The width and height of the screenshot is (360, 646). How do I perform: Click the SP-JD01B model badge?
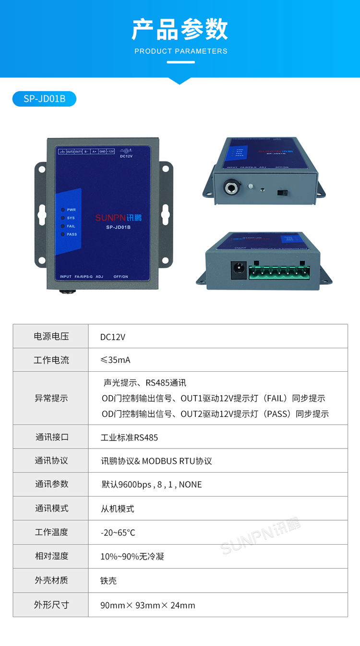[x=44, y=99]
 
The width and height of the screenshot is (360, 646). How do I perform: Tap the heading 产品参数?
[x=180, y=30]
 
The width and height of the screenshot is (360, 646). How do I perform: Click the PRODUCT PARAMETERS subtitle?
[x=180, y=51]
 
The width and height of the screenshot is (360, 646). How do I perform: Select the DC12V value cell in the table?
[x=113, y=337]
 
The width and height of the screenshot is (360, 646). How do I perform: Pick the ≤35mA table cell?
[x=115, y=360]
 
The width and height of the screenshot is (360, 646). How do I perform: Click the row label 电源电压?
[x=51, y=336]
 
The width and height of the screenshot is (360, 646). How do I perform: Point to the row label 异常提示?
[x=51, y=398]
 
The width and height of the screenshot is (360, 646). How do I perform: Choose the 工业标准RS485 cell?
[x=129, y=438]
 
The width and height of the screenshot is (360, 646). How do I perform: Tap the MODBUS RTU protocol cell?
[x=156, y=461]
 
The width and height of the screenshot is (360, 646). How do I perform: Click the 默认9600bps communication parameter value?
[x=151, y=485]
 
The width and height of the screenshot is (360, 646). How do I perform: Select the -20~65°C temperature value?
[x=118, y=533]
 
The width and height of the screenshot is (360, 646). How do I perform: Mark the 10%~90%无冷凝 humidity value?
[x=132, y=557]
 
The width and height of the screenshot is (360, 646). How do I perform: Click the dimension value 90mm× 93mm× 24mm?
[x=147, y=605]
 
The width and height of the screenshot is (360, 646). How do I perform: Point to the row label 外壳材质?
[x=51, y=580]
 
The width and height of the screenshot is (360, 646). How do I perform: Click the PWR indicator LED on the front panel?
[x=63, y=210]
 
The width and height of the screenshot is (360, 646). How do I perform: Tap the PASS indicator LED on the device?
[x=63, y=234]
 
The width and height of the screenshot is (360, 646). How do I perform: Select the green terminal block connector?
[x=280, y=272]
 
